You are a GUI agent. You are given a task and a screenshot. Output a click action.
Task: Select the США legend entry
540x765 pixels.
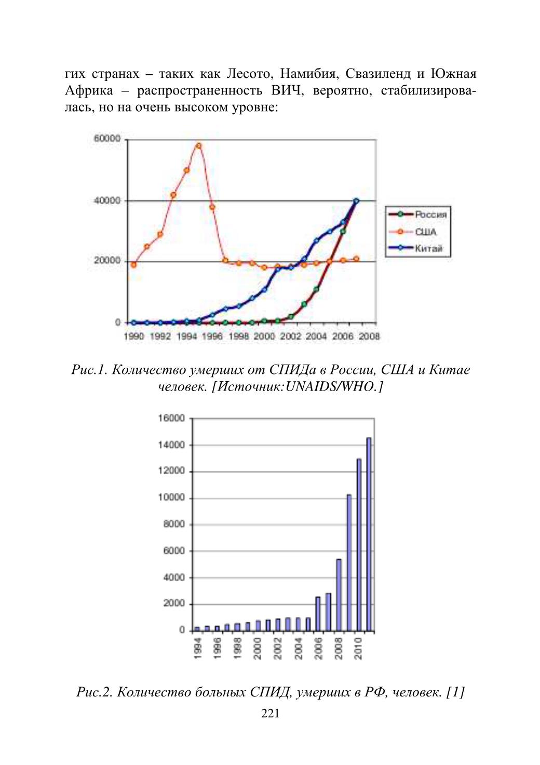pyautogui.click(x=413, y=232)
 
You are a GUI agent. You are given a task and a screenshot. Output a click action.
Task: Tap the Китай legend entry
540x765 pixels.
pyautogui.click(x=416, y=248)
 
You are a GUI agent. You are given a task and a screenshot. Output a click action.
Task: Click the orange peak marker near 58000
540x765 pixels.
pyautogui.click(x=199, y=146)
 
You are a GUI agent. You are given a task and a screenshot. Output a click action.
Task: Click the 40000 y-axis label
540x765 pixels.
pyautogui.click(x=107, y=200)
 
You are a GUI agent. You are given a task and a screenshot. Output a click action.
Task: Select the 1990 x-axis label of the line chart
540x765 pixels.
pyautogui.click(x=134, y=337)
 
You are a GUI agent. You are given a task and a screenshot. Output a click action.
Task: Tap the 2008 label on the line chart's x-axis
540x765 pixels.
pyautogui.click(x=369, y=337)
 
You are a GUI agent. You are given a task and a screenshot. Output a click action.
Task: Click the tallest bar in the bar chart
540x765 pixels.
pyautogui.click(x=369, y=534)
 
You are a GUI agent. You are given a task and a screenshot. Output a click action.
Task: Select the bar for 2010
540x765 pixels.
pyautogui.click(x=359, y=544)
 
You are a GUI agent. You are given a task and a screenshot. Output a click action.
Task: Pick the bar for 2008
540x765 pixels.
pyautogui.click(x=339, y=595)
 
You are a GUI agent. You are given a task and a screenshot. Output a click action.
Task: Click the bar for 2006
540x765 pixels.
pyautogui.click(x=318, y=613)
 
